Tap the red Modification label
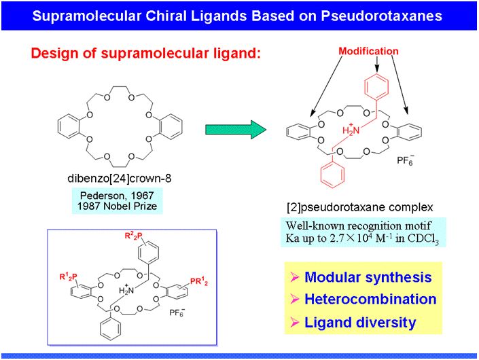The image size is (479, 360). pyautogui.click(x=368, y=52)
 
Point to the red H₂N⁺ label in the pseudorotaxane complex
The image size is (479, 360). pyautogui.click(x=349, y=129)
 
